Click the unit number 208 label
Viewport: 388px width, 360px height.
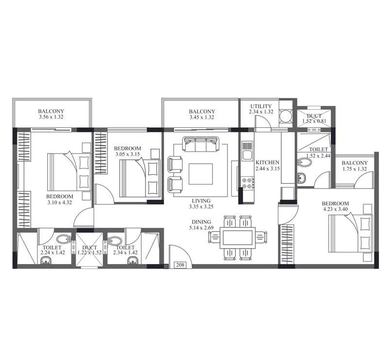point(181,265)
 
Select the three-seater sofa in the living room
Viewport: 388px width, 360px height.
point(200,144)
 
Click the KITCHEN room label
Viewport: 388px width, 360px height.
point(267,163)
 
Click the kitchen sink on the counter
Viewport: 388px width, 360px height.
point(247,146)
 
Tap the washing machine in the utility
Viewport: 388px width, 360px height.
point(286,115)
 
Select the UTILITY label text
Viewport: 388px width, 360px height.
point(261,107)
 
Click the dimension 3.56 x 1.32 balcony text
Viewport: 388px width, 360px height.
point(51,117)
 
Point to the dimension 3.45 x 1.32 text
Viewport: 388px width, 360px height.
point(202,117)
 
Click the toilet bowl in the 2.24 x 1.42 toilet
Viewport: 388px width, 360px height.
point(63,239)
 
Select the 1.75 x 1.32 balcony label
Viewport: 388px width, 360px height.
point(354,169)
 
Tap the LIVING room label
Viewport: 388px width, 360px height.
point(200,201)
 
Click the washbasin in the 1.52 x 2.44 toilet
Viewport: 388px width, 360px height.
point(302,178)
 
